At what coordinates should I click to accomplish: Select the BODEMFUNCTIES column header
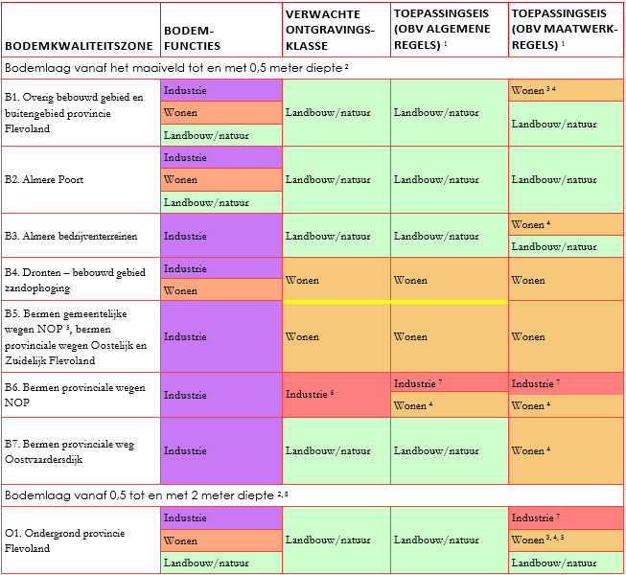(192, 37)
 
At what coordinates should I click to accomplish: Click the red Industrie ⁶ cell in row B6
(336, 395)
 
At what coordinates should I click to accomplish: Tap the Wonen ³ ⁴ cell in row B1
(566, 90)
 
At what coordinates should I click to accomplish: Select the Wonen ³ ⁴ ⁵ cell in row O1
(566, 540)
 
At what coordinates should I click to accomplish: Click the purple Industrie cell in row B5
(221, 336)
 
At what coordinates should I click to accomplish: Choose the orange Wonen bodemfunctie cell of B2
(221, 179)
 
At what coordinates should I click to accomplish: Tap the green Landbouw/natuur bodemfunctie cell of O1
(221, 563)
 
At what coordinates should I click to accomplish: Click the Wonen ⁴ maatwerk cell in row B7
(566, 450)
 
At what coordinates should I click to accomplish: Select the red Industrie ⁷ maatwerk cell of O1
(566, 518)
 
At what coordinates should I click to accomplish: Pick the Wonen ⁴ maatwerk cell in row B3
(566, 224)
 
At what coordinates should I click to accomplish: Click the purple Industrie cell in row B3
(221, 235)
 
